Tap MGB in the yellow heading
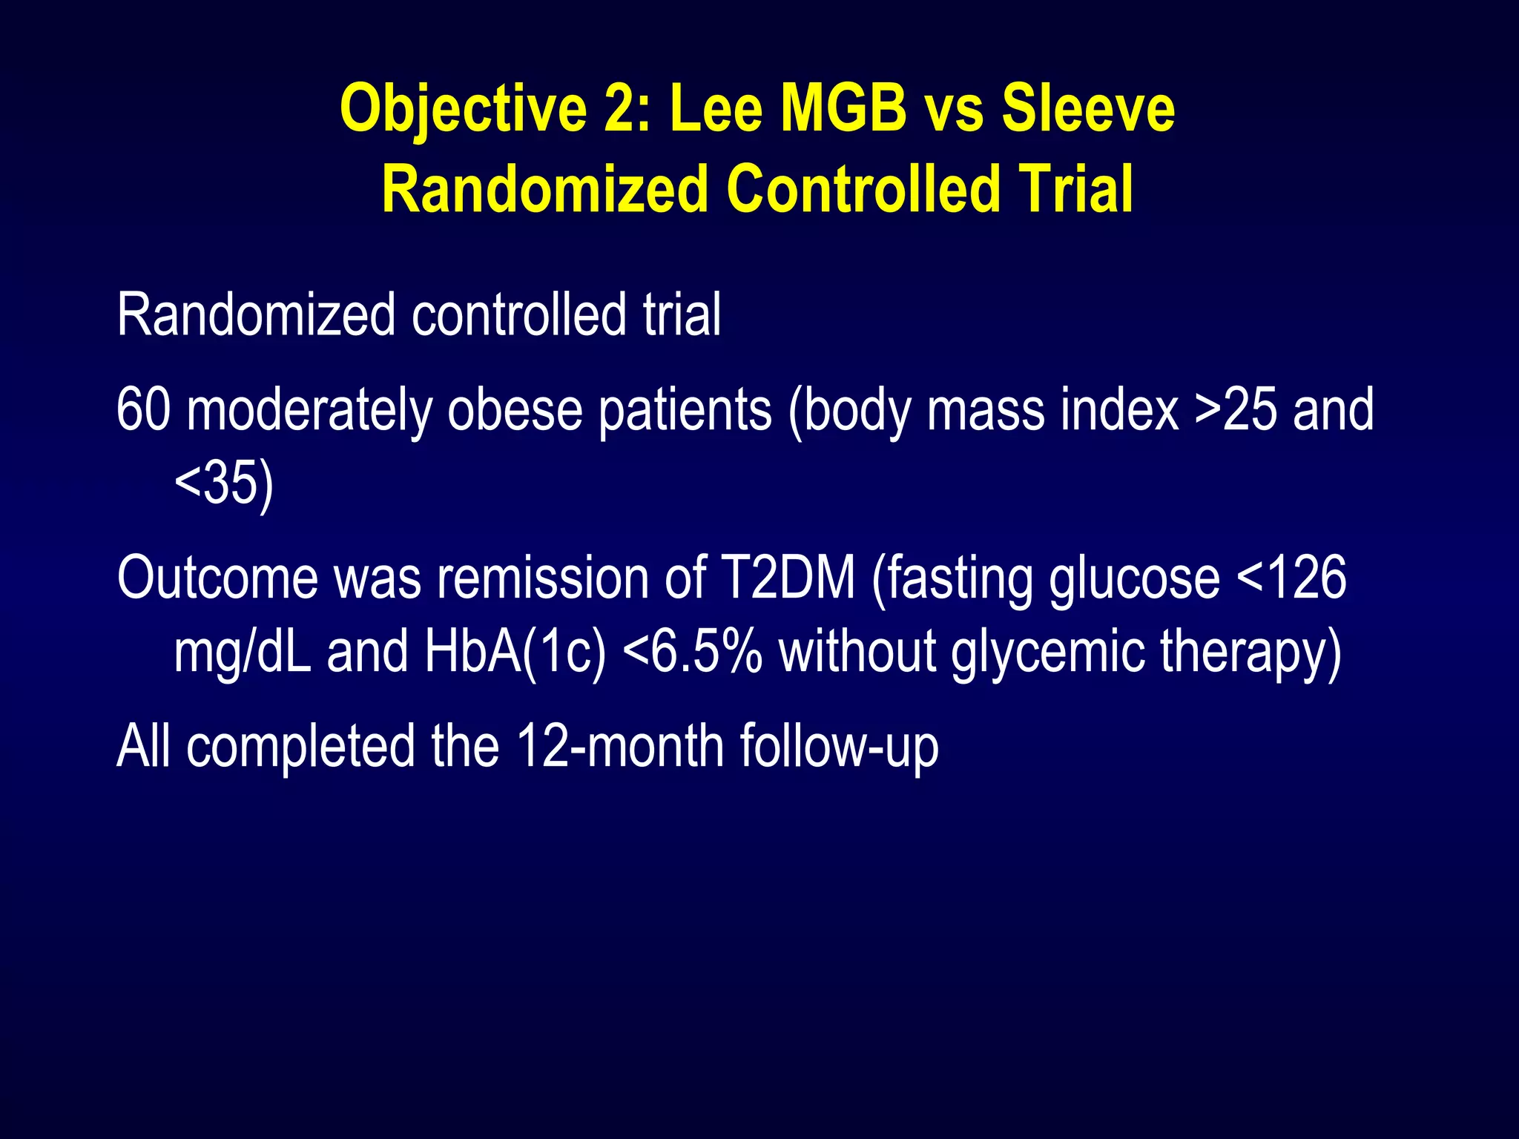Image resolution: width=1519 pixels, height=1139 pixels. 844,110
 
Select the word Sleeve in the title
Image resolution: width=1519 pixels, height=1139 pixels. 1088,110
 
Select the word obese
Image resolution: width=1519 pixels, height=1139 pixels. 515,409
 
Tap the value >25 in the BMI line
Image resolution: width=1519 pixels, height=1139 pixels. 1236,409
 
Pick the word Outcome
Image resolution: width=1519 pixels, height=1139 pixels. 217,578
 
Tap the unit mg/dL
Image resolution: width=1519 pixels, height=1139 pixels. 243,651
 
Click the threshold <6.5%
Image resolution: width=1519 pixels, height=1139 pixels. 693,651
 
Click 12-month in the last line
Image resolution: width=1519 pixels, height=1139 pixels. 620,746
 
